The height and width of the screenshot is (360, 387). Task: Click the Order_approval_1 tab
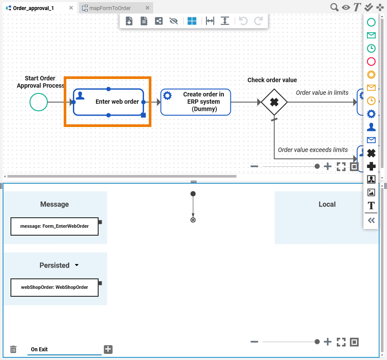(x=33, y=8)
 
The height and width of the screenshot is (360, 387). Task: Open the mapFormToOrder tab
(x=110, y=8)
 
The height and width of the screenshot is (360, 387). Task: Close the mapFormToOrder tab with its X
(x=147, y=8)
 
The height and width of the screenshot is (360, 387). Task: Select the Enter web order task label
(x=117, y=102)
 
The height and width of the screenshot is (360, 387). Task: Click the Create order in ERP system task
(x=196, y=102)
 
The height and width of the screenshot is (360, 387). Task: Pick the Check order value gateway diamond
(x=274, y=102)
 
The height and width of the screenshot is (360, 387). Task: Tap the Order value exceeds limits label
(x=313, y=150)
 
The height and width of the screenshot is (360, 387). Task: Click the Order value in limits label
(x=322, y=93)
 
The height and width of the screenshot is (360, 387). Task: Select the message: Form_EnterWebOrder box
(x=55, y=226)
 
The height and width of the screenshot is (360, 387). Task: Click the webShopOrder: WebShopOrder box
(x=55, y=288)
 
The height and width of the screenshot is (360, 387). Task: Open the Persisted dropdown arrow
(x=77, y=265)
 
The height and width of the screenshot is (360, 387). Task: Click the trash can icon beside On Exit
(x=14, y=349)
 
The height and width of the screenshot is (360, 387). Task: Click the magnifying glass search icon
(x=334, y=7)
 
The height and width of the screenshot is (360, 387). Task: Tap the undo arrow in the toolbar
(x=243, y=21)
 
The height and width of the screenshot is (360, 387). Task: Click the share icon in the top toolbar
(x=159, y=21)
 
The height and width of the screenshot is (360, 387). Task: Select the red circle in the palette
(x=371, y=62)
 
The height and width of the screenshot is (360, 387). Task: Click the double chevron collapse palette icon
(x=371, y=220)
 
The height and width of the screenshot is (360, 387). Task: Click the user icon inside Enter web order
(x=80, y=96)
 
